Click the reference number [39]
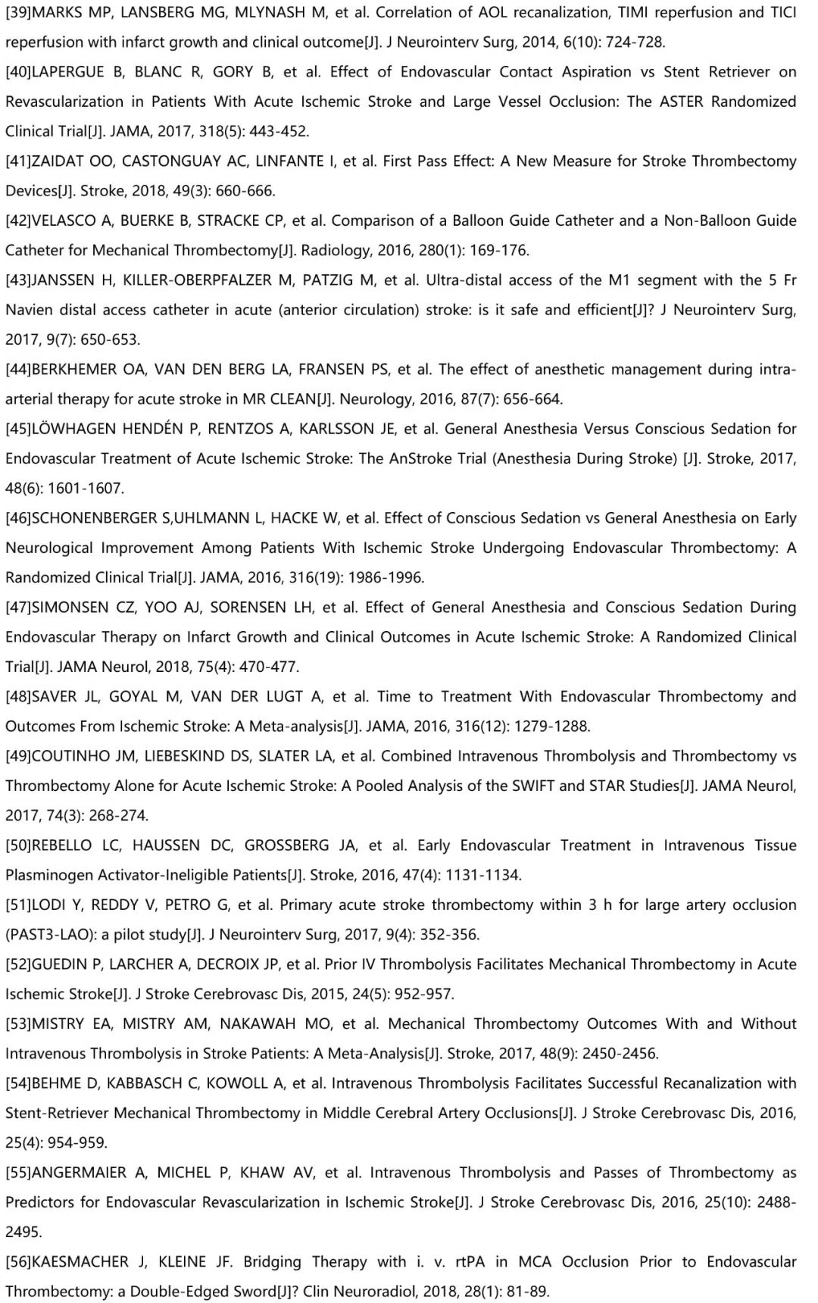(x=18, y=13)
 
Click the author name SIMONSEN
(x=70, y=608)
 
